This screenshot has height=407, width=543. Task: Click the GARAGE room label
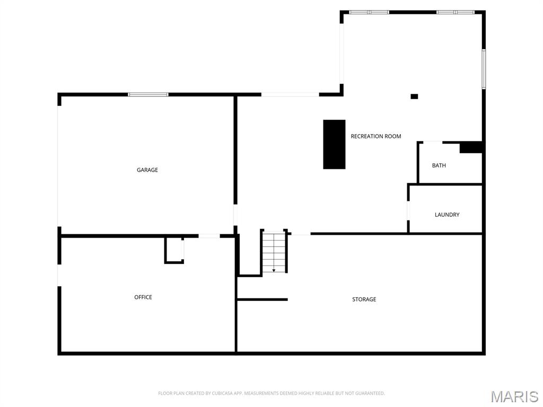147,170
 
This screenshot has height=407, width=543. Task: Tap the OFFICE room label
143,297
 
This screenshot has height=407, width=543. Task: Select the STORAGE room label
364,299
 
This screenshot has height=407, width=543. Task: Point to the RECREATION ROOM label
376,136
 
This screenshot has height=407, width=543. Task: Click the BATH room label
439,165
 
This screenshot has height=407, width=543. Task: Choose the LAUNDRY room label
447,215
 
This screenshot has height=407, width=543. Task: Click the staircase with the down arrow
274,251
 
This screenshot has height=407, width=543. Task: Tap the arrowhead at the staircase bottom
274,270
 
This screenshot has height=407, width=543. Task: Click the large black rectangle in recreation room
334,144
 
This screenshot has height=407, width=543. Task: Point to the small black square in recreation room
414,96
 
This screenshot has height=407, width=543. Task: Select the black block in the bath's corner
470,147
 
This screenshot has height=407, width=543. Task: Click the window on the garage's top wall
148,94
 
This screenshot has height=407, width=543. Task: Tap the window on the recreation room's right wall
484,69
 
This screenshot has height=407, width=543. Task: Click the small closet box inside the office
174,250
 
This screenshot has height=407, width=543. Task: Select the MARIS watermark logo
514,396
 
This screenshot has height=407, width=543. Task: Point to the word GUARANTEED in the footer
371,393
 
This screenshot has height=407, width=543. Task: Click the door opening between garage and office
209,235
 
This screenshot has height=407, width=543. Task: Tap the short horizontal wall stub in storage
262,299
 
